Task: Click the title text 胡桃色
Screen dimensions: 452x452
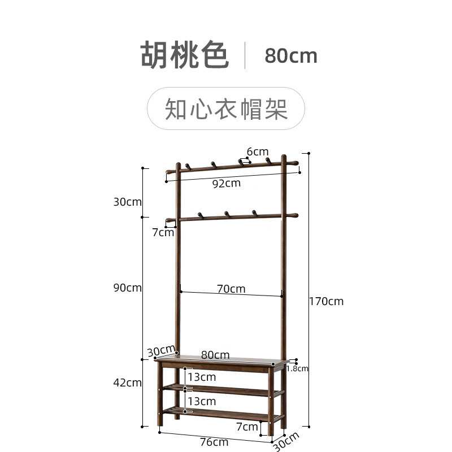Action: (x=185, y=55)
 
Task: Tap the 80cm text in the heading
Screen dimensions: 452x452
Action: (x=291, y=55)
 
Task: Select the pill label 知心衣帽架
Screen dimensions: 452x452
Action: (x=226, y=108)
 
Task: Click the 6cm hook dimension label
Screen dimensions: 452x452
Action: (x=257, y=151)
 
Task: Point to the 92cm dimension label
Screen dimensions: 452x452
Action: (x=226, y=183)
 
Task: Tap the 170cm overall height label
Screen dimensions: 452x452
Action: (x=326, y=301)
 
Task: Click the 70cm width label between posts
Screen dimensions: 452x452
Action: (x=231, y=289)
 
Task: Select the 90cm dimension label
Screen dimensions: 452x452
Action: (x=128, y=288)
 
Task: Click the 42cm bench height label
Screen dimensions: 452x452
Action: (x=128, y=383)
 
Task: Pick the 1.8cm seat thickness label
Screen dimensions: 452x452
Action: (x=297, y=368)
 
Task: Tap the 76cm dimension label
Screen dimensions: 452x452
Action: (x=214, y=442)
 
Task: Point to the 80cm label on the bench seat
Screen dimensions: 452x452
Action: (x=215, y=355)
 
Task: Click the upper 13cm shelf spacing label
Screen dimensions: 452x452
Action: (x=202, y=376)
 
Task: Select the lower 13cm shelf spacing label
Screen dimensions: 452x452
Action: (x=202, y=401)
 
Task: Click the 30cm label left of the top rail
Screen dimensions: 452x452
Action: (x=128, y=202)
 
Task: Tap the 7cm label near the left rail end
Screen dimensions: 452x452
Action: (x=163, y=232)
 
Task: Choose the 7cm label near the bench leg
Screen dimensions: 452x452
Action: (x=247, y=426)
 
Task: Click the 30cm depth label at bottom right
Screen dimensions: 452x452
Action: (x=286, y=441)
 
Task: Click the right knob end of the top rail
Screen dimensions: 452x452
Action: (x=294, y=163)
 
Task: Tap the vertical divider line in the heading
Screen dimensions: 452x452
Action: (x=245, y=55)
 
